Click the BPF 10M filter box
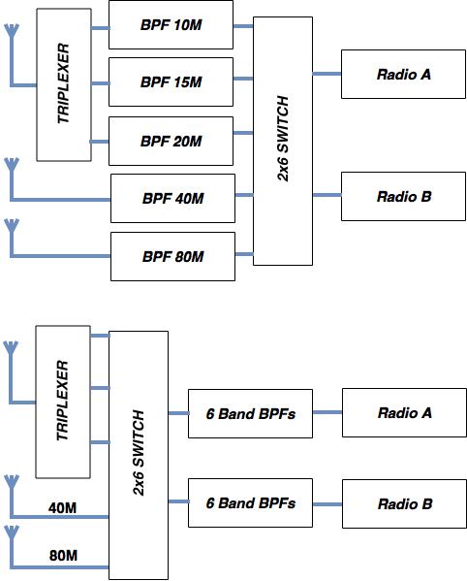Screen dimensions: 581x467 point(171,25)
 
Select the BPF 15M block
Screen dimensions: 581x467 point(171,82)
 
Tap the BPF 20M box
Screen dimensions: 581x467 point(171,141)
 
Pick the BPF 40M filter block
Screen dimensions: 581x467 point(172,199)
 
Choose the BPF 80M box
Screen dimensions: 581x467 point(172,256)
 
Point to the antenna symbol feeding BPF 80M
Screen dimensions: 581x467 point(12,230)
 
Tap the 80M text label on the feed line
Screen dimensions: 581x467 point(63,556)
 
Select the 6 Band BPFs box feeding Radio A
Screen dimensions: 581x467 point(250,413)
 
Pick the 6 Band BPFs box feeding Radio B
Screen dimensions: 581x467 point(250,503)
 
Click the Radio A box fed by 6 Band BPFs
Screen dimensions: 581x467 point(403,413)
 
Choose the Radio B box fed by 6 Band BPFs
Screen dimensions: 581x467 point(403,503)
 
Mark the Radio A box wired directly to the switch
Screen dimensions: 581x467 point(403,74)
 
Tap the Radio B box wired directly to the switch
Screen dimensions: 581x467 point(403,197)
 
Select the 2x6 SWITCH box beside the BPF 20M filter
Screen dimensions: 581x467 point(283,141)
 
